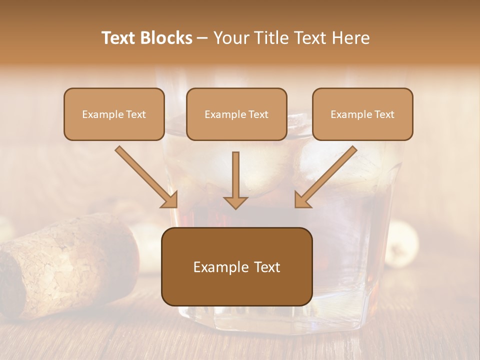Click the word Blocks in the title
click(x=166, y=38)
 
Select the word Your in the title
click(x=229, y=38)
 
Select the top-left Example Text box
click(x=114, y=114)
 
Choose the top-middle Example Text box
click(x=236, y=114)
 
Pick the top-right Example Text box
click(x=362, y=114)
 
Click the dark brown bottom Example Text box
click(x=236, y=266)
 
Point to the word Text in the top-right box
click(x=384, y=114)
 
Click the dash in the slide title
click(x=202, y=38)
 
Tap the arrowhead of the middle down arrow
click(x=236, y=202)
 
